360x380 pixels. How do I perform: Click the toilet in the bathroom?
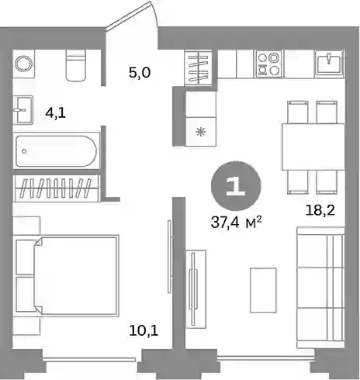click(75, 65)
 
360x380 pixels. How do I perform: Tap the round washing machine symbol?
click(24, 64)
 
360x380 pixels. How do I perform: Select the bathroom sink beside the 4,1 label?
click(23, 110)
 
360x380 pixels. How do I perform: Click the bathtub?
click(56, 151)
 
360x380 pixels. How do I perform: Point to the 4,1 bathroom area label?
click(55, 113)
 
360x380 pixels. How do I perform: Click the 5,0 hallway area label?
click(140, 73)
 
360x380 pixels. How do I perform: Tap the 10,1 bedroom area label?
click(144, 330)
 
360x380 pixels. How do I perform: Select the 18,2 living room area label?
click(320, 210)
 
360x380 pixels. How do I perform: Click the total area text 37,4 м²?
click(235, 223)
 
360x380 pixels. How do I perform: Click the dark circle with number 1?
click(236, 185)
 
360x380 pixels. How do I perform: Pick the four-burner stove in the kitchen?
click(269, 64)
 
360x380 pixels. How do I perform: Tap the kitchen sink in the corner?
click(329, 64)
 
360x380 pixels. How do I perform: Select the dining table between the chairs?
click(313, 147)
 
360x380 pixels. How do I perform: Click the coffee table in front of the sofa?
click(263, 290)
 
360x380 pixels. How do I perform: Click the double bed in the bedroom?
click(67, 275)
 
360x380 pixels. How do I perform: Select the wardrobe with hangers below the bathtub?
click(57, 188)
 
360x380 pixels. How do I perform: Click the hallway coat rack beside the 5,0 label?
click(199, 67)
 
